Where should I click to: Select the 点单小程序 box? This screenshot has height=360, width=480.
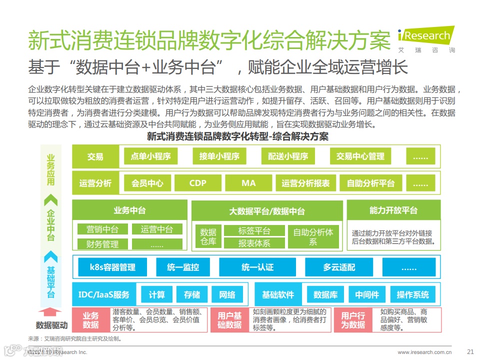pos(150,156)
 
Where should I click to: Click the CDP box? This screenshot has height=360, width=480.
pos(197,183)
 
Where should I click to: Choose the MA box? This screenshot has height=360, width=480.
pos(248,183)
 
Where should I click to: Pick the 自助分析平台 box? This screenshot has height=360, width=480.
pos(370,183)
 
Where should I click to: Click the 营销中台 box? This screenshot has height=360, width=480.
pos(102,229)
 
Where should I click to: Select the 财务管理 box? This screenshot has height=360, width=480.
pos(102,244)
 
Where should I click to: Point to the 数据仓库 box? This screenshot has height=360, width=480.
pos(208,237)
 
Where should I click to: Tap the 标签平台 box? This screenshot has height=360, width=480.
pos(254,230)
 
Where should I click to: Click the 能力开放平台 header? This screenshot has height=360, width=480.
pos(393,210)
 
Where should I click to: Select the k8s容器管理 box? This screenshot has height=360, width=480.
pos(112,267)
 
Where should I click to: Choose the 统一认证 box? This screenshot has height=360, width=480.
pos(257,267)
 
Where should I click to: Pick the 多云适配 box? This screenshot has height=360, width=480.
pos(338,267)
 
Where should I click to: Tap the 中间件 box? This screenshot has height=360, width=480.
pos(367,294)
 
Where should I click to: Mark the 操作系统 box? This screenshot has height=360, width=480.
pos(412,294)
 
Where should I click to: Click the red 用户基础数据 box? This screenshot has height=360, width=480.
pos(229,320)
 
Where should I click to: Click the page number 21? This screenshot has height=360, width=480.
pos(469,351)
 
